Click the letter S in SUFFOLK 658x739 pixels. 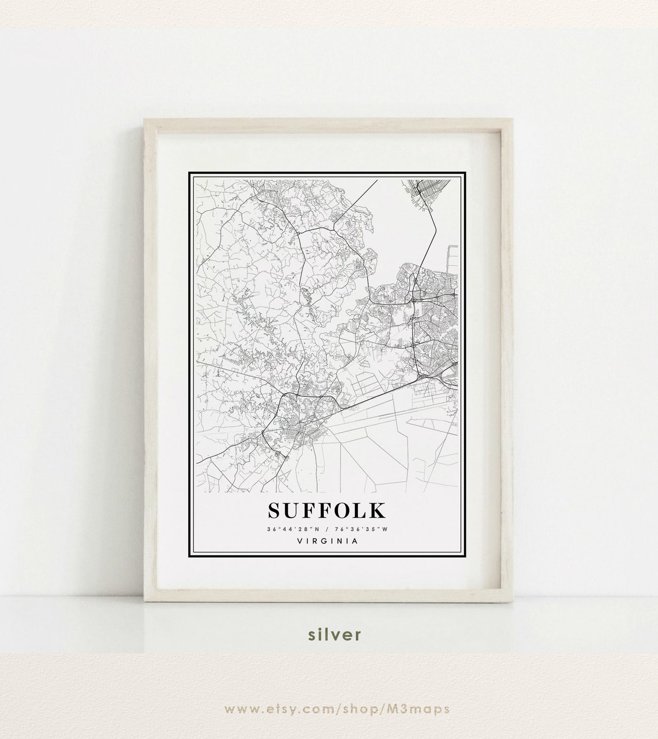275,510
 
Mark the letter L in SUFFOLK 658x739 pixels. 358,510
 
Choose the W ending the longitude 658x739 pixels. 384,529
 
